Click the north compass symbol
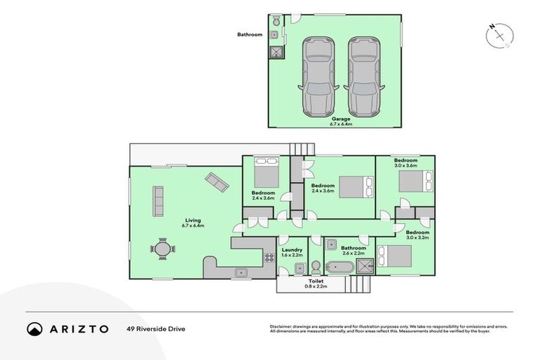(x=497, y=34)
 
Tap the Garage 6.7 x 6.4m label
(x=341, y=122)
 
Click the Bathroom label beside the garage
(x=249, y=34)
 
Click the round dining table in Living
(x=162, y=249)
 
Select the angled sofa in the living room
(x=217, y=184)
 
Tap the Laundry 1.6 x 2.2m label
(x=292, y=252)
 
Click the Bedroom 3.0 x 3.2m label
(x=417, y=235)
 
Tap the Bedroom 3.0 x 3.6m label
(x=406, y=163)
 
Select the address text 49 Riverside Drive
(x=156, y=328)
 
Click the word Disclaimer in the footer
(x=281, y=327)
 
